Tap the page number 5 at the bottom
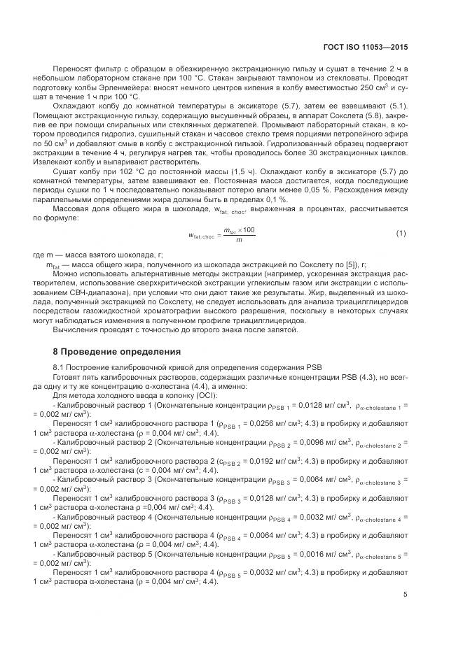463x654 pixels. [x=406, y=595]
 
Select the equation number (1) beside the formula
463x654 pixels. [x=401, y=233]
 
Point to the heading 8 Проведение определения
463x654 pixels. [x=117, y=351]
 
